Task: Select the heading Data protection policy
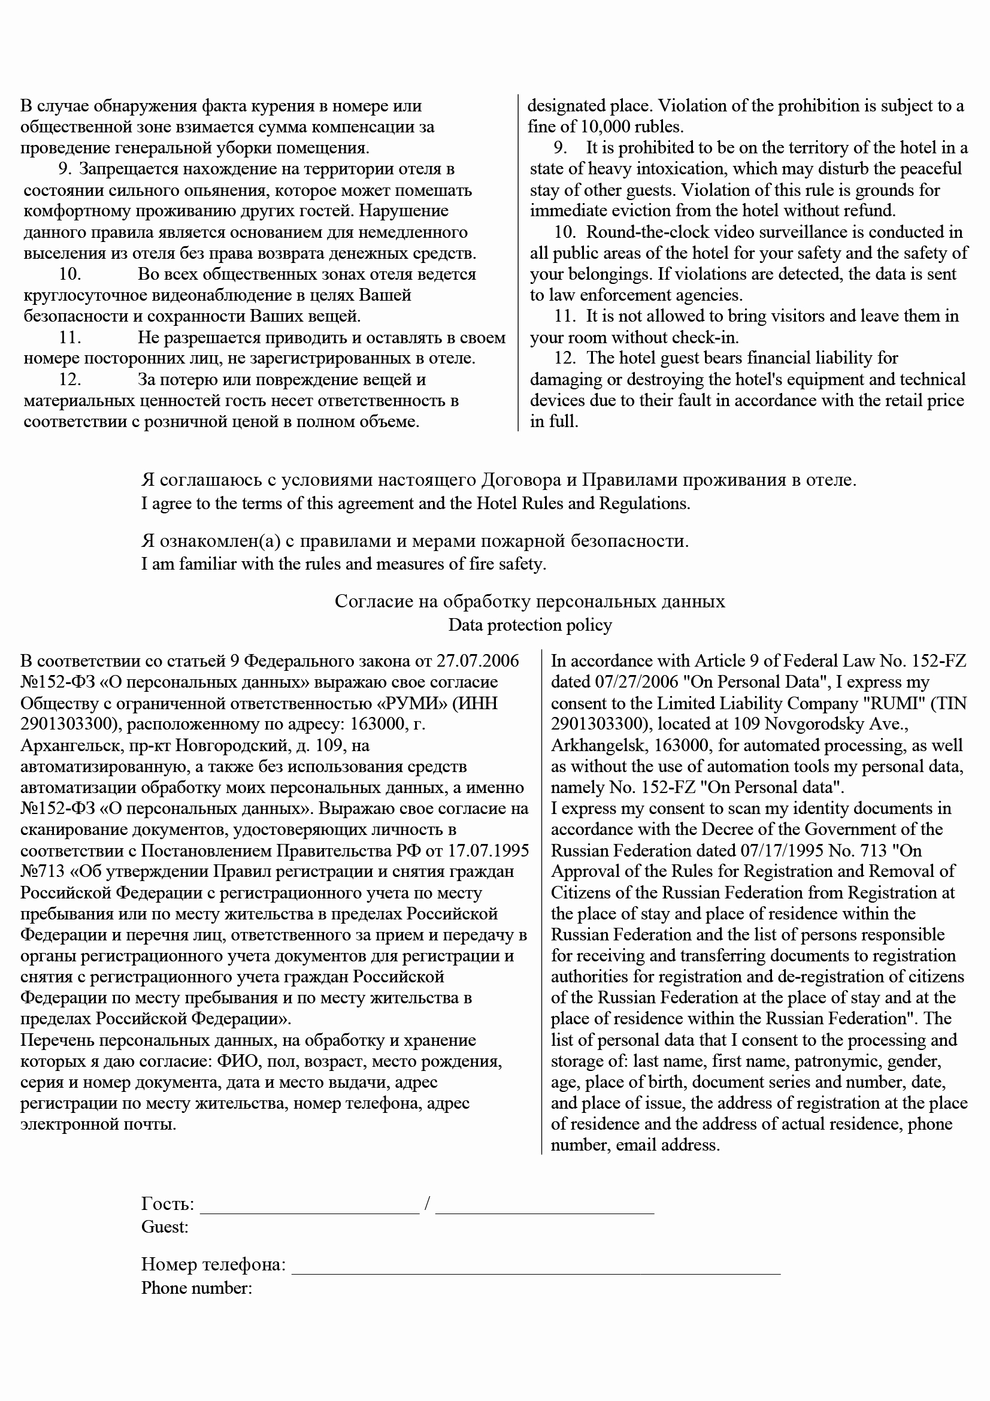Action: tap(529, 625)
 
